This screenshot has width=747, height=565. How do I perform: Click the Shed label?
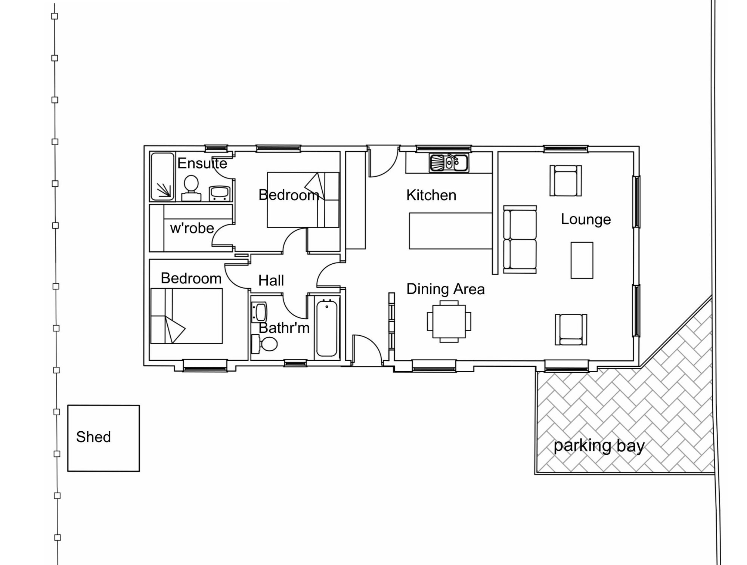(93, 437)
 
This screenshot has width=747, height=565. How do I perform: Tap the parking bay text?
(599, 446)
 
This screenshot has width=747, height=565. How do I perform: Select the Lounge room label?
(586, 220)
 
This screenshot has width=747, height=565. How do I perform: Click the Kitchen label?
(431, 195)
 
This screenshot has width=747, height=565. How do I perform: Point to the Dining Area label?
(445, 289)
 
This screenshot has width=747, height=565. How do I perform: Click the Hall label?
(271, 280)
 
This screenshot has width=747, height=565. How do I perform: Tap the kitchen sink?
(449, 163)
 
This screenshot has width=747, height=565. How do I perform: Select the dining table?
(449, 322)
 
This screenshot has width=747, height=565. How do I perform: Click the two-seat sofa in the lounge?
(520, 239)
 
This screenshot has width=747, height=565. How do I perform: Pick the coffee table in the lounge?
(582, 260)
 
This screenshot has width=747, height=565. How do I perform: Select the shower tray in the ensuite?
(162, 176)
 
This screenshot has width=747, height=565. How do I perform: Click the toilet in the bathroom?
(265, 344)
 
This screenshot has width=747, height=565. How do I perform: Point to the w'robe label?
(192, 228)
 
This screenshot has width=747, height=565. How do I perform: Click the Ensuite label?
(202, 164)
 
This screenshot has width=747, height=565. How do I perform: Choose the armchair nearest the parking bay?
(571, 329)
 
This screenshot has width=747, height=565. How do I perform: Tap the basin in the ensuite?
(220, 193)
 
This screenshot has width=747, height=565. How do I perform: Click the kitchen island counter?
(450, 231)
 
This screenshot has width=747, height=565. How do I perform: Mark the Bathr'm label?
(284, 328)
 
